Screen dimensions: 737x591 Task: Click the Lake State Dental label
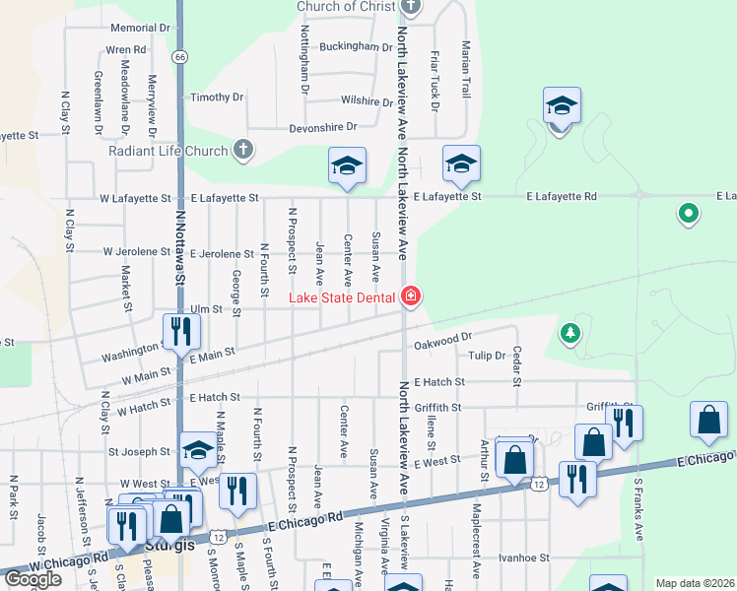(342, 297)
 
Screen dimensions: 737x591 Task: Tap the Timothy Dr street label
(216, 97)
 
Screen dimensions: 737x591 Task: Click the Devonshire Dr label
(322, 127)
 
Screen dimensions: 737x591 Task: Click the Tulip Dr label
(487, 356)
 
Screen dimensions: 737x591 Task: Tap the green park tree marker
(569, 334)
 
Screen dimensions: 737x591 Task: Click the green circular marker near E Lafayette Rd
(689, 213)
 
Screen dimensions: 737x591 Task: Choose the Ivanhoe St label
(522, 558)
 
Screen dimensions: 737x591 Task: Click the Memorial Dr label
(141, 29)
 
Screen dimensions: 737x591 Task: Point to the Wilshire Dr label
(361, 100)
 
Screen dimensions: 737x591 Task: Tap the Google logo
(33, 579)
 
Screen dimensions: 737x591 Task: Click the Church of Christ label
(347, 7)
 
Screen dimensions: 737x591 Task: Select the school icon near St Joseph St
(198, 452)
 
